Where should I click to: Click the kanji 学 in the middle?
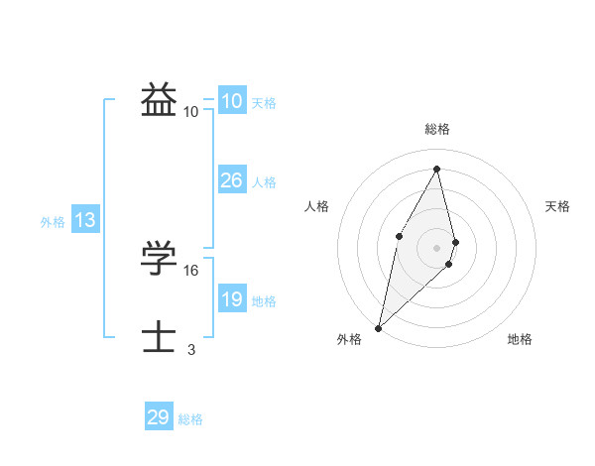[159, 258]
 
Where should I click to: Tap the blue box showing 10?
[231, 101]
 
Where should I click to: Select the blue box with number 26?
[231, 180]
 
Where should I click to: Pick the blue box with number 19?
[231, 299]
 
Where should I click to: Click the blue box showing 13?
[85, 220]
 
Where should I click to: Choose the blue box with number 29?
[159, 417]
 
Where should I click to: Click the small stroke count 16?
[191, 270]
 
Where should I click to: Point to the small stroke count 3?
[191, 349]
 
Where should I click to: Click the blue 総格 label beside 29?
[190, 419]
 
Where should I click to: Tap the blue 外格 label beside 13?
[53, 222]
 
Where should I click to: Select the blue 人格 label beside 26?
[264, 182]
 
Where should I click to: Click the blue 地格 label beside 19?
[264, 301]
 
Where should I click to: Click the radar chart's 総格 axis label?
[437, 129]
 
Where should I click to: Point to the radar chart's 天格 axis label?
[558, 206]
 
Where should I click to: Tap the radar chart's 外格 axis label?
[349, 339]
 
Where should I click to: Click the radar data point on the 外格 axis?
[379, 327]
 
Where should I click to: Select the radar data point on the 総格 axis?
[437, 169]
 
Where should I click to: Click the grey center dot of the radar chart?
[437, 247]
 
